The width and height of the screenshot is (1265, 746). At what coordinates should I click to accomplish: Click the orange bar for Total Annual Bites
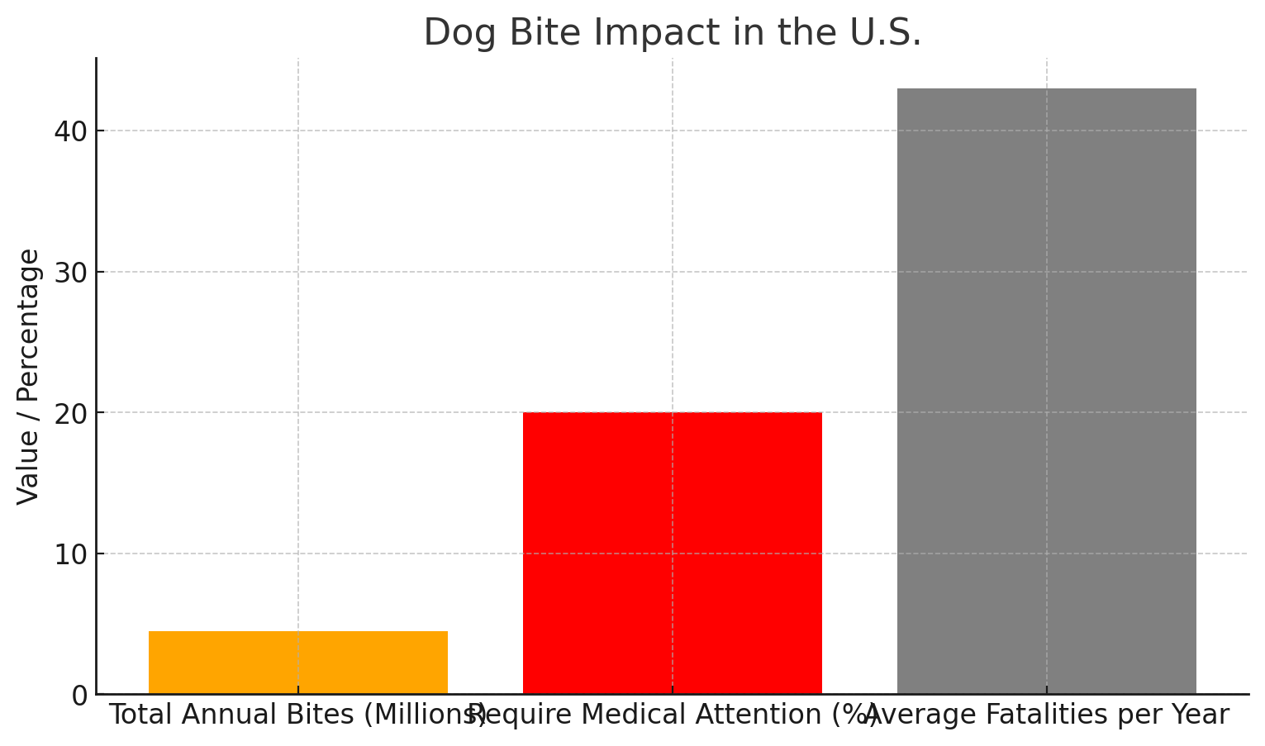(297, 663)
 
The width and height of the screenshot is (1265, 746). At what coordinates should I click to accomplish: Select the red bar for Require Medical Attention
(672, 553)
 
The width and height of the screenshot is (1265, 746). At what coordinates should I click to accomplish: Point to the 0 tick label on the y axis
(79, 696)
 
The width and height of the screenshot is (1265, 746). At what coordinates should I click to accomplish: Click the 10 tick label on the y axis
(71, 554)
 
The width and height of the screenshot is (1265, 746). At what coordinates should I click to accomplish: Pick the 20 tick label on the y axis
(71, 413)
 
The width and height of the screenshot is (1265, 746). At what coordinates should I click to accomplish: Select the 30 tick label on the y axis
(71, 273)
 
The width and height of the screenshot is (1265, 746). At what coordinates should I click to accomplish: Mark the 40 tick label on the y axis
(71, 131)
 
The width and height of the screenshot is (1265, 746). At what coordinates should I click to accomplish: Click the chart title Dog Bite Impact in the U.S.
(672, 33)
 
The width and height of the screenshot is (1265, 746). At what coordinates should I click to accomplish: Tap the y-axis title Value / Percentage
(29, 376)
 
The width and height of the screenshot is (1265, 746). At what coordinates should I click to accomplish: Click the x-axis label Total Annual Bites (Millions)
(297, 715)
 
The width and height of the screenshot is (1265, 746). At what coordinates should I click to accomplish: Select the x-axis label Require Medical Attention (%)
(672, 715)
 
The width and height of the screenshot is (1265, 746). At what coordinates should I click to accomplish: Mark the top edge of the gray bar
(1046, 89)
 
